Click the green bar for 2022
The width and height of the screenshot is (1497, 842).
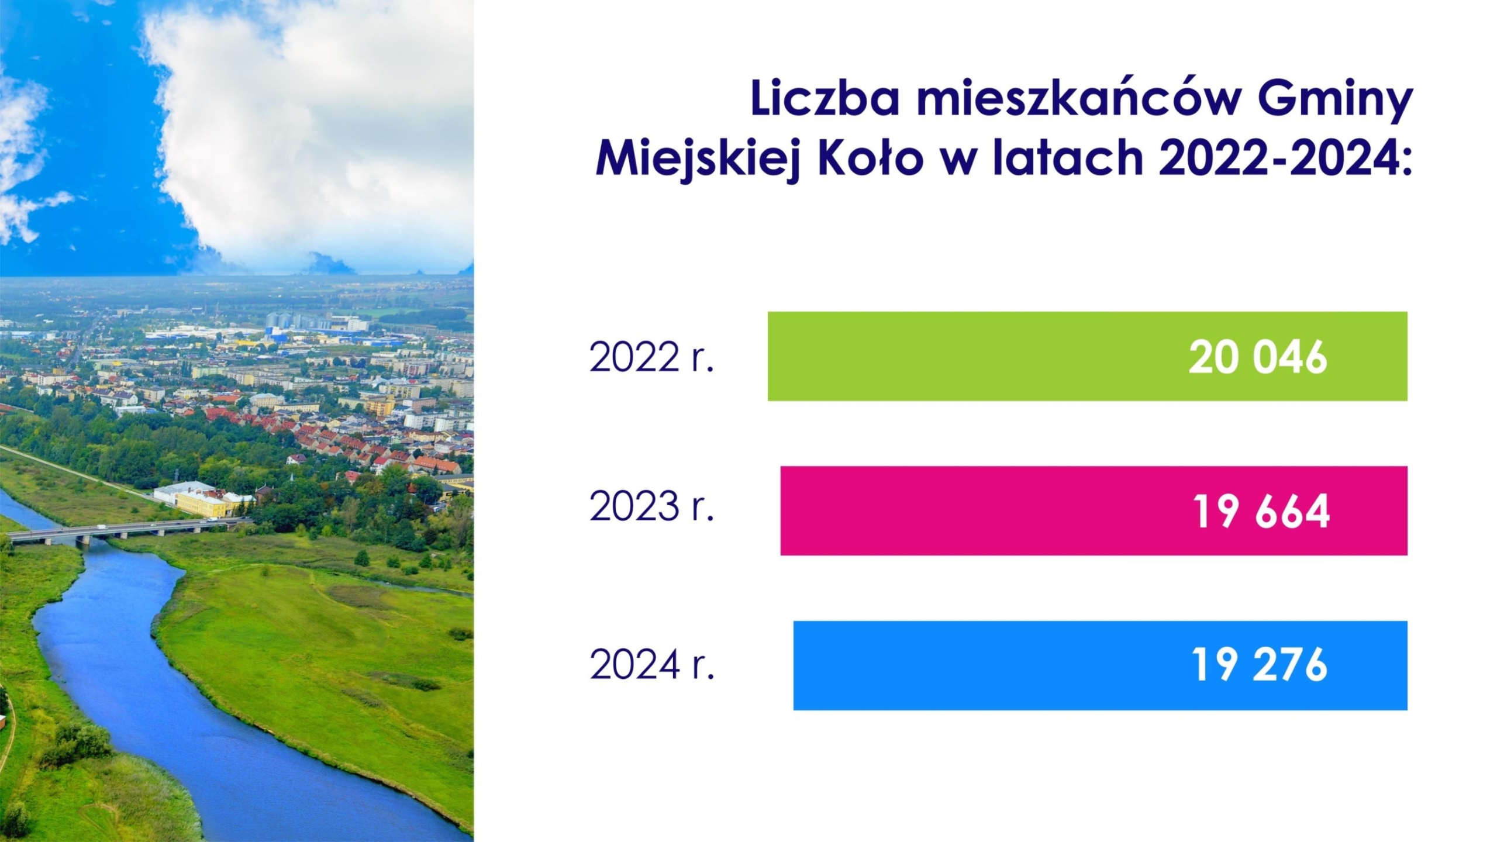[x=1087, y=356]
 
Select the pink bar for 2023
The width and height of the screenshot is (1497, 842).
[x=1094, y=510]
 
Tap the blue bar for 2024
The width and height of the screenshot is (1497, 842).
[x=1100, y=665]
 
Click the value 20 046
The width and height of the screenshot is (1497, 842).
[x=1258, y=357]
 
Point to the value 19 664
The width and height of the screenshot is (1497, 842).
[x=1261, y=512]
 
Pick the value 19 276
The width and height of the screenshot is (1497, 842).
[x=1260, y=665]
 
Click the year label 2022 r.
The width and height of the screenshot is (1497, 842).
[x=652, y=357]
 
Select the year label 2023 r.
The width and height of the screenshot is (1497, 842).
[x=652, y=506]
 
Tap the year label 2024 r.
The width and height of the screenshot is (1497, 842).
[x=652, y=664]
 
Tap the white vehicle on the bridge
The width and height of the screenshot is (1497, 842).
[x=102, y=527]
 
